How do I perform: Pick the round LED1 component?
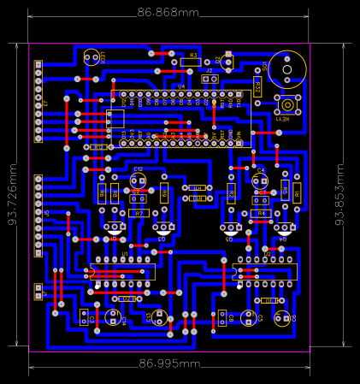click(x=92, y=58)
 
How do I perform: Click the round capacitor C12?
click(x=139, y=180)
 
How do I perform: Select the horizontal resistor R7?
click(x=139, y=212)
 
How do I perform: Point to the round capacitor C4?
click(x=261, y=181)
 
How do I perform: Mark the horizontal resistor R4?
click(x=262, y=212)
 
